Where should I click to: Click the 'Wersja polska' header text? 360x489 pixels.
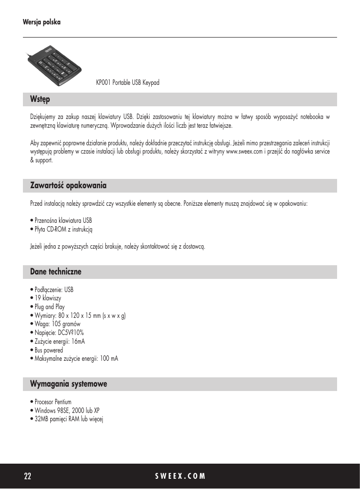click(x=41, y=22)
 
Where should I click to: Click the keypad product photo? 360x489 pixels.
click(x=54, y=63)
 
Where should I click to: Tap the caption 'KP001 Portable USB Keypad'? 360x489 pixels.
click(x=128, y=83)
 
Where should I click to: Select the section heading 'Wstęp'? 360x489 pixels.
click(x=40, y=99)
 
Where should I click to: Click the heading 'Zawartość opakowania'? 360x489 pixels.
click(x=68, y=186)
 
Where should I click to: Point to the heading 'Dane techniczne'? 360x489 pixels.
click(x=56, y=272)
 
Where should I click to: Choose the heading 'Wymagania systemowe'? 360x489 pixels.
click(x=68, y=384)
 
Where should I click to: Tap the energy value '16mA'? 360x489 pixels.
click(x=78, y=341)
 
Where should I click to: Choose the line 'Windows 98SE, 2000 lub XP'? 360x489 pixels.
click(x=67, y=411)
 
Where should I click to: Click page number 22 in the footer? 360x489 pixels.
click(x=28, y=476)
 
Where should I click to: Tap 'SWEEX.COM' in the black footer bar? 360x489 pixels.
click(x=180, y=476)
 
